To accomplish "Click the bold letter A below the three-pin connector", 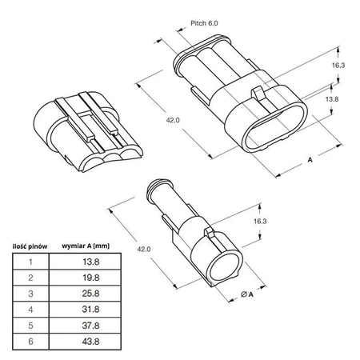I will (309, 160).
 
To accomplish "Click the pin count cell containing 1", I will (30, 261).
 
